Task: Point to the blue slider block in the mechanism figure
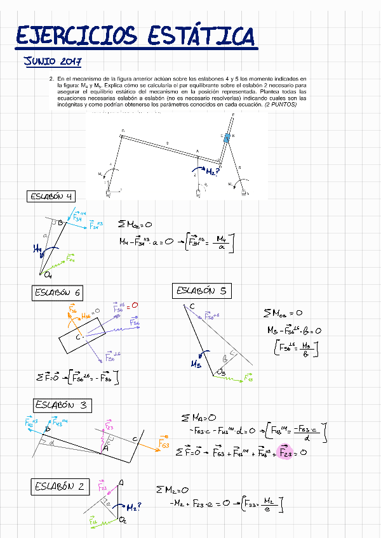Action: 227,138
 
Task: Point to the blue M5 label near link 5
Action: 197,364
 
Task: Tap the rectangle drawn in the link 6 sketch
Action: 82,335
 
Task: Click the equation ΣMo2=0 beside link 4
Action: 135,224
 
